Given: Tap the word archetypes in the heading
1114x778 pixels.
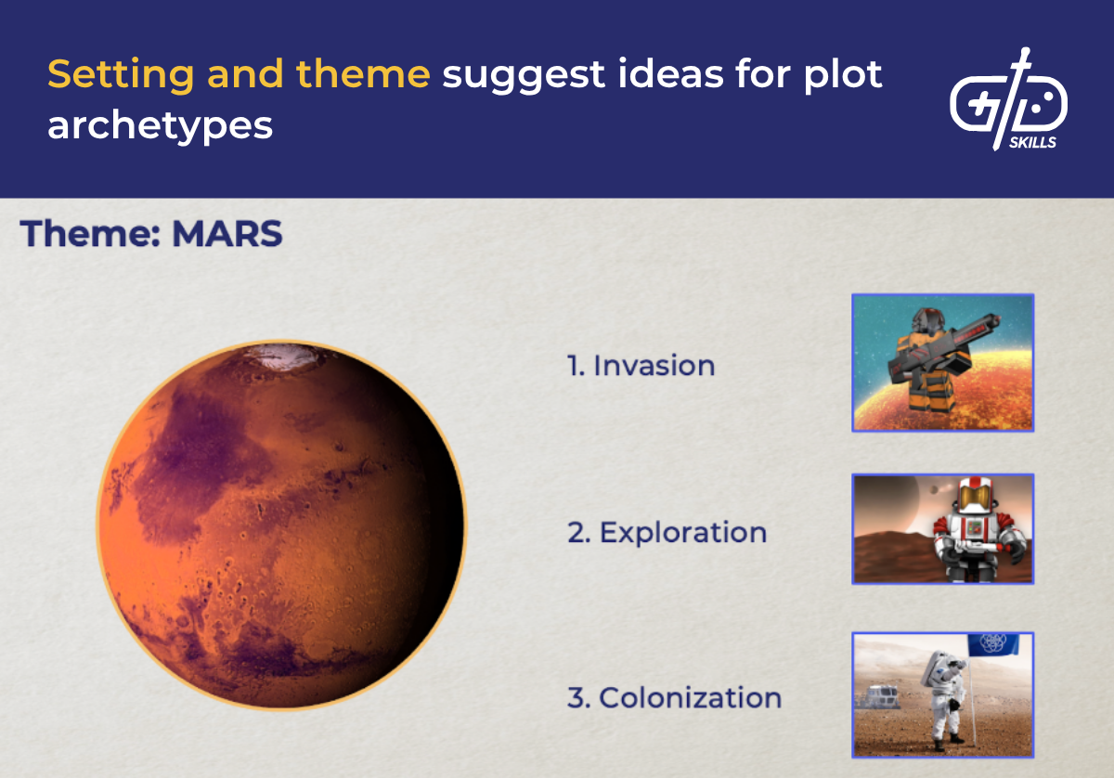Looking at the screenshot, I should click(160, 125).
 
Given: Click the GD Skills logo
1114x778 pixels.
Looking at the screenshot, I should click(1008, 102).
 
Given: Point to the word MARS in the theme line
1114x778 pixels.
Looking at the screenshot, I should click(227, 234).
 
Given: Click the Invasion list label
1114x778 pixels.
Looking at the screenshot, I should click(654, 365).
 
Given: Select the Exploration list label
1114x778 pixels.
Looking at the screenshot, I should click(682, 532).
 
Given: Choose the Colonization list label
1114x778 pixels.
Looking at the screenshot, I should click(690, 697).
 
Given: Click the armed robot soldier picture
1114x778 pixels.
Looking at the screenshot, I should click(942, 363).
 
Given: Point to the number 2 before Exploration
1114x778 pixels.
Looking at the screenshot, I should click(576, 533).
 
